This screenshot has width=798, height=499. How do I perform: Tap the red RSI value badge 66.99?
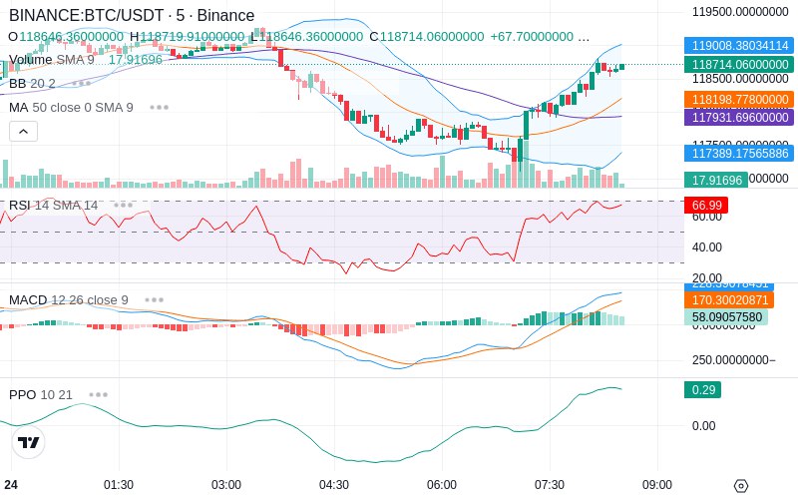click(705, 205)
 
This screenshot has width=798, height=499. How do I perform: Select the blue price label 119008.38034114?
click(738, 45)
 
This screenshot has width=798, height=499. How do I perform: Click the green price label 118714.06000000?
click(738, 64)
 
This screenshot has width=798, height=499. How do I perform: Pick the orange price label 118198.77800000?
click(738, 100)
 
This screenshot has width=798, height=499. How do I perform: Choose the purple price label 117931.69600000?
click(738, 118)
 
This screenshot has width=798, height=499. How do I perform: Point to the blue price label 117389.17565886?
click(738, 153)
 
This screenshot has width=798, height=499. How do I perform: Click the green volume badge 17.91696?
click(715, 180)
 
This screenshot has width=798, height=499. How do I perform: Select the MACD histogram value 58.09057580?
click(728, 317)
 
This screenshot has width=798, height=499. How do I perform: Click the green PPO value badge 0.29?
click(702, 389)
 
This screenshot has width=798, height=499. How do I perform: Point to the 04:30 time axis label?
click(334, 484)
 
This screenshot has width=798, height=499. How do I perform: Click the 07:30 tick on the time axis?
click(550, 484)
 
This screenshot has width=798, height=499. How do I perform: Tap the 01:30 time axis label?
click(119, 484)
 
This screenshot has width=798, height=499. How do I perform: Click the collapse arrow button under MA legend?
click(23, 131)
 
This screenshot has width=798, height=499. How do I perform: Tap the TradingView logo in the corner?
click(29, 442)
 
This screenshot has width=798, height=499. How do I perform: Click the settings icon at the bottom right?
click(740, 486)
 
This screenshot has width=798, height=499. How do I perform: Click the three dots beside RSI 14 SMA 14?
click(123, 205)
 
